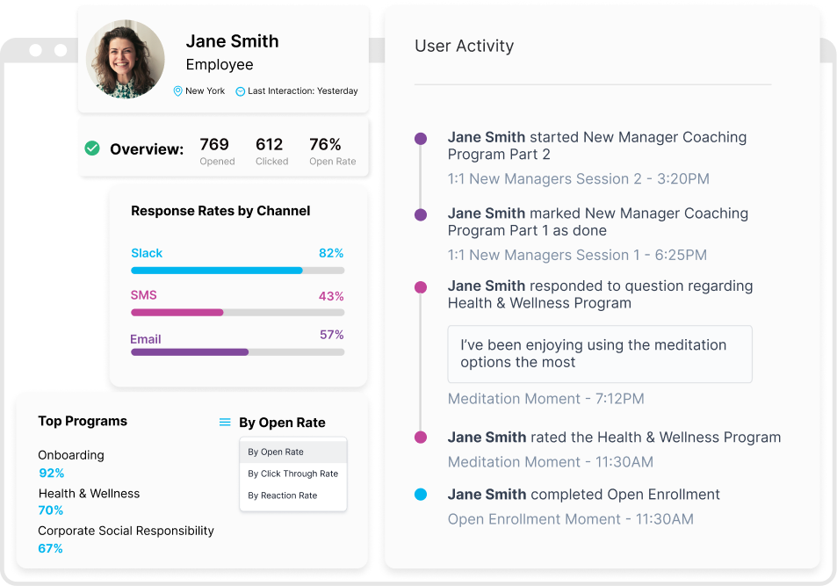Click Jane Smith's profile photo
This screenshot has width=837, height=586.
tap(126, 59)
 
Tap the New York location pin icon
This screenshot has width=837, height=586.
tap(177, 91)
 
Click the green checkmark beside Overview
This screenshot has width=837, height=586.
tap(92, 148)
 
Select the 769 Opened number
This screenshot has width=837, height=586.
tap(214, 144)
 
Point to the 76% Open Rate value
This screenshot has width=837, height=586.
tap(325, 144)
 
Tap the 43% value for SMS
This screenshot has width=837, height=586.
tap(331, 296)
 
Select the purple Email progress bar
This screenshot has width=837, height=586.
tap(190, 351)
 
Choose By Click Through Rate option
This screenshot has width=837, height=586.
tap(292, 474)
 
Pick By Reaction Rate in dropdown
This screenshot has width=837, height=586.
tap(282, 496)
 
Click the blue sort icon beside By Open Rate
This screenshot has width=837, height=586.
tap(225, 423)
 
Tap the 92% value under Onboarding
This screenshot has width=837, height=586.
tap(52, 473)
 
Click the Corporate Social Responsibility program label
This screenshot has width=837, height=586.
tap(126, 531)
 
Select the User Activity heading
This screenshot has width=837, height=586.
tap(464, 46)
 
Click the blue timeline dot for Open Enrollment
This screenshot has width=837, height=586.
tap(421, 495)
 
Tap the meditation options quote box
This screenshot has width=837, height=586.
tap(599, 353)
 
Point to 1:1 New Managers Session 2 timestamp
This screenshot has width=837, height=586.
tap(578, 179)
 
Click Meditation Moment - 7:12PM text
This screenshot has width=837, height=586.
tap(545, 399)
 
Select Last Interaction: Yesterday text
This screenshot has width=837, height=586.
tap(302, 91)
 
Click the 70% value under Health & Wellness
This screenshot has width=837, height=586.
tap(51, 510)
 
